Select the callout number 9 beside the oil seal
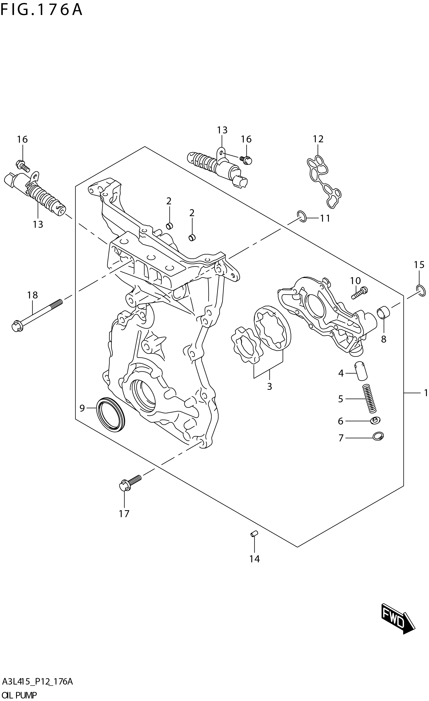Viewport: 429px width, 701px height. pyautogui.click(x=82, y=408)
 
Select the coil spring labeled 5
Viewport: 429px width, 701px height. pyautogui.click(x=369, y=398)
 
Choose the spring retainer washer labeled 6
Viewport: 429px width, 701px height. pyautogui.click(x=376, y=420)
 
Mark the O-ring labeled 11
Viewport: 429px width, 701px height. pyautogui.click(x=302, y=217)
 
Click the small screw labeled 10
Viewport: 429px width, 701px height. pyautogui.click(x=360, y=293)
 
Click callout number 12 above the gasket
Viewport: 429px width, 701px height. pyautogui.click(x=318, y=139)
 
